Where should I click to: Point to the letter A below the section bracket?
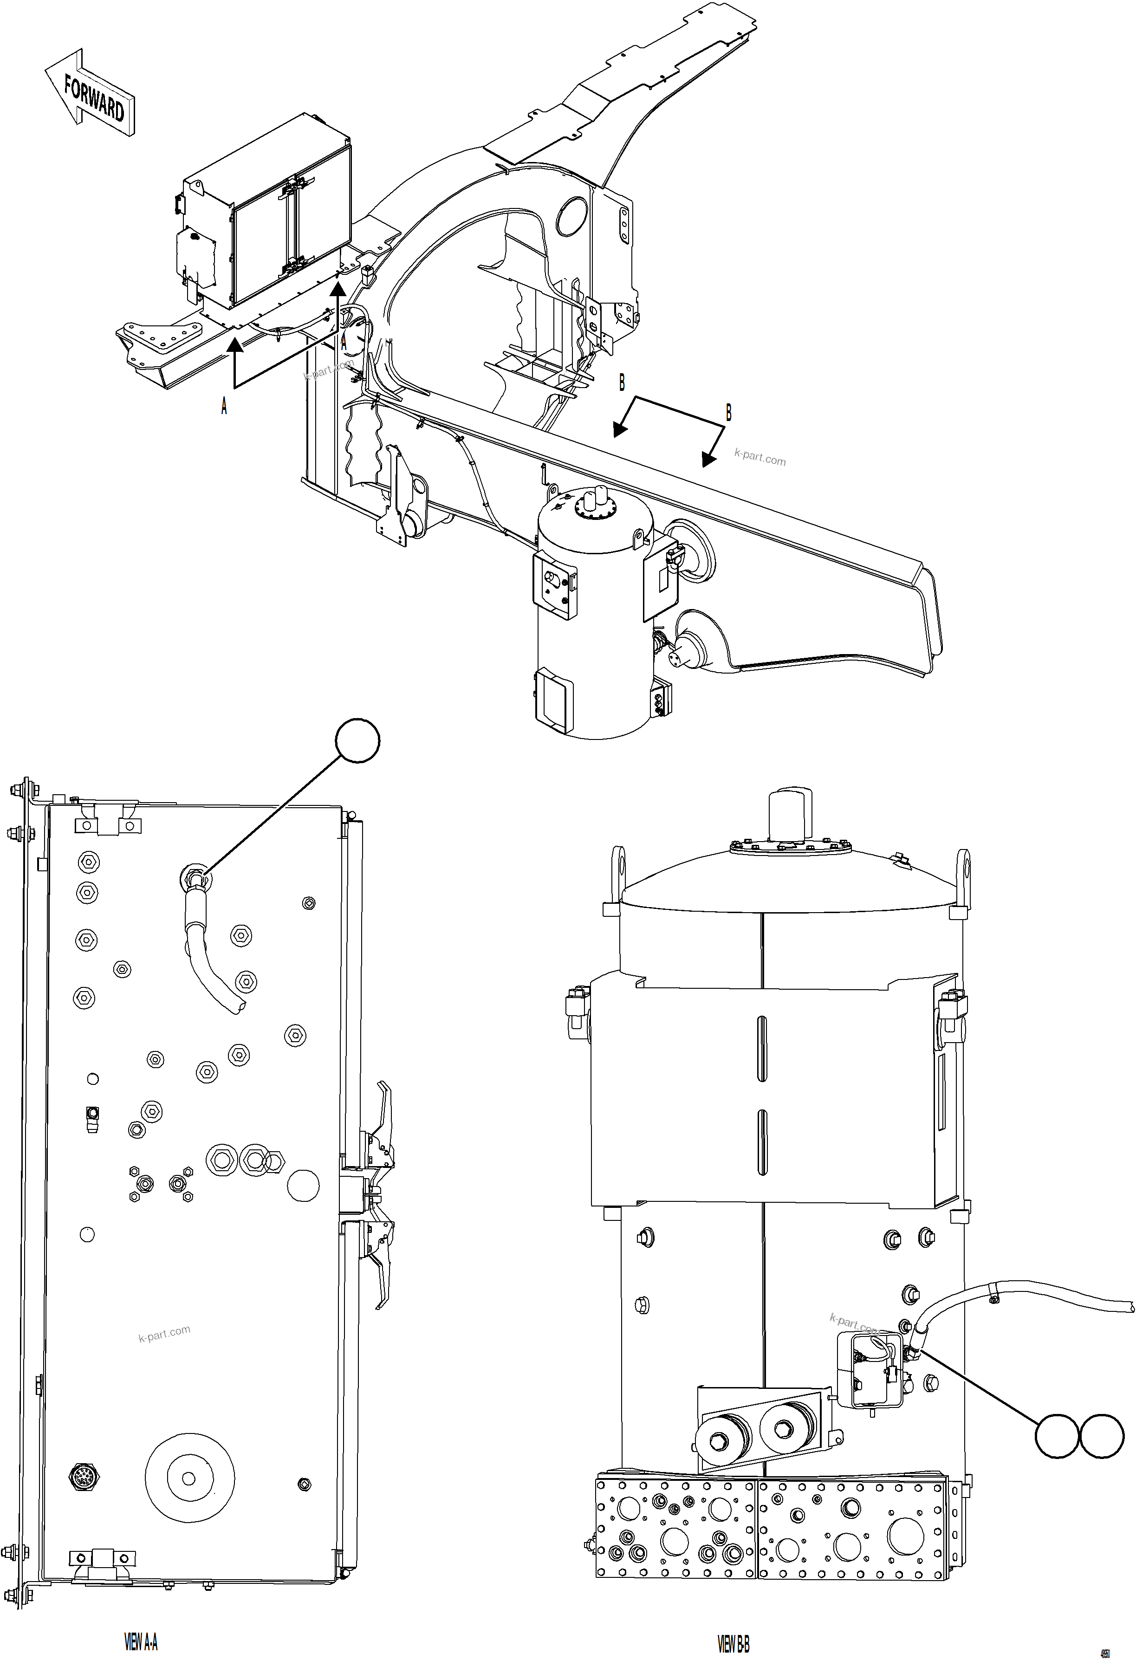pyautogui.click(x=224, y=407)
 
